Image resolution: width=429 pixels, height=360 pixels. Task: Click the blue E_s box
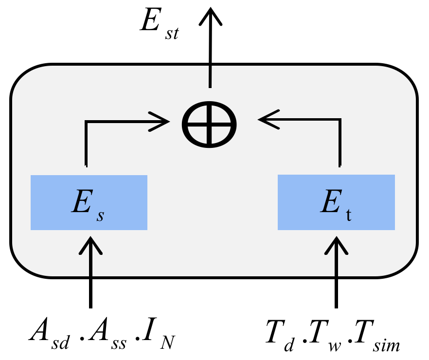[x=89, y=202]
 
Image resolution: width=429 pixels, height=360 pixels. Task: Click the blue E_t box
[x=336, y=202]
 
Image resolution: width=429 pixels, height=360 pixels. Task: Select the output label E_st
[x=158, y=24]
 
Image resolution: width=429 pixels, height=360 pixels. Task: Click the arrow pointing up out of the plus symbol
[x=210, y=49]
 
